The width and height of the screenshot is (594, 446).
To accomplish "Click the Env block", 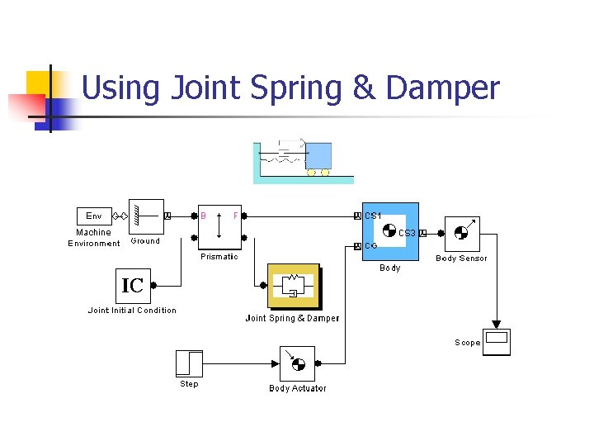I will click(94, 216).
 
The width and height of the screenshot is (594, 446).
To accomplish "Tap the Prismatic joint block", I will click(219, 225).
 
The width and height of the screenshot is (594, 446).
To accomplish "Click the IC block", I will click(132, 286).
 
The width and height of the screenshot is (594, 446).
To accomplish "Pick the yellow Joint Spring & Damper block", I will click(293, 287).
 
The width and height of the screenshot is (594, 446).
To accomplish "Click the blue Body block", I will click(391, 231).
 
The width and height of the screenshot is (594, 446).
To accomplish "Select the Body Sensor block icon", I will click(462, 234).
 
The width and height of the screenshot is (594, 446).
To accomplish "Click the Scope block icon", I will click(497, 342).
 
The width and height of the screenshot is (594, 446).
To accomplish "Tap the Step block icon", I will click(189, 363).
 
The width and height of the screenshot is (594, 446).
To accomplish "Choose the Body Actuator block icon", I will click(297, 363).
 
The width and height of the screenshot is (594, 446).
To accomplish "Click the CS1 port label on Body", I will click(373, 216).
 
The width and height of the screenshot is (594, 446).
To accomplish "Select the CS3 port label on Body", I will click(408, 234).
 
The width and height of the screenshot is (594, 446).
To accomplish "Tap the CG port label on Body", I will click(371, 246).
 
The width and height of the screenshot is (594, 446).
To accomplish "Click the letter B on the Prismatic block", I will click(204, 216).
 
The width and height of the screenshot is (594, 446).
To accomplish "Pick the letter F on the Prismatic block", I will click(235, 216).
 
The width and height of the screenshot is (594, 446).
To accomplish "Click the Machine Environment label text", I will click(94, 238).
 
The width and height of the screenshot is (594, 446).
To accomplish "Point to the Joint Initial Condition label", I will click(132, 311).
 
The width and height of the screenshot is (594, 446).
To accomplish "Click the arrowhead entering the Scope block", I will click(497, 324).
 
